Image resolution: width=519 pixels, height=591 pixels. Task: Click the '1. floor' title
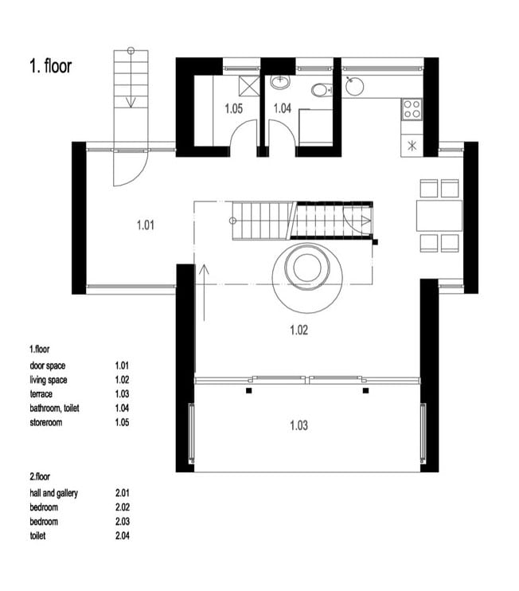click(x=50, y=66)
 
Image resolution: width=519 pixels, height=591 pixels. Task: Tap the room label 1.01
click(x=146, y=225)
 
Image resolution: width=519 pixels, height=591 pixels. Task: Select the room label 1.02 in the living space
click(x=299, y=331)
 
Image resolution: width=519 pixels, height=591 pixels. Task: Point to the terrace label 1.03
click(x=299, y=425)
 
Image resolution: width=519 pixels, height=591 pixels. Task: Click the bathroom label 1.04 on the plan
click(x=282, y=108)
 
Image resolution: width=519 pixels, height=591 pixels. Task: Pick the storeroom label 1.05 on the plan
click(x=233, y=108)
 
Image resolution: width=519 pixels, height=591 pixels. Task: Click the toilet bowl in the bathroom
click(x=321, y=90)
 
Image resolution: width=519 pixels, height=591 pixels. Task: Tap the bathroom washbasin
click(x=280, y=82)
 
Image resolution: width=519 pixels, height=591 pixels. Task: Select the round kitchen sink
click(x=354, y=86)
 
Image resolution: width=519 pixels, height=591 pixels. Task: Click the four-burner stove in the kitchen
click(x=412, y=109)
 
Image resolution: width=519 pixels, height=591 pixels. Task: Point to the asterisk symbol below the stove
click(x=412, y=146)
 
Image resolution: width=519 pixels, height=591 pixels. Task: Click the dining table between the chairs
click(x=439, y=216)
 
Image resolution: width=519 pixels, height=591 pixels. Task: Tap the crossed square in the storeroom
click(x=249, y=86)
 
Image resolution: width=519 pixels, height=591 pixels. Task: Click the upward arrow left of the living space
click(x=204, y=293)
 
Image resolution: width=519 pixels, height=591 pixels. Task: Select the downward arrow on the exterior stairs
click(x=131, y=77)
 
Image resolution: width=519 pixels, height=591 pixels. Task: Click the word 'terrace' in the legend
click(x=41, y=394)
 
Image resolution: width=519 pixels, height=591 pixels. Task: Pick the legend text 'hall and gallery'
click(x=54, y=493)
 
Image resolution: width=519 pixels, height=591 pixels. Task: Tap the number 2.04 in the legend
click(x=123, y=535)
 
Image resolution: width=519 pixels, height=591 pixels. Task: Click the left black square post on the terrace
click(x=248, y=391)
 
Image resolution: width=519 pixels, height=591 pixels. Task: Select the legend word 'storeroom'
click(x=46, y=422)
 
